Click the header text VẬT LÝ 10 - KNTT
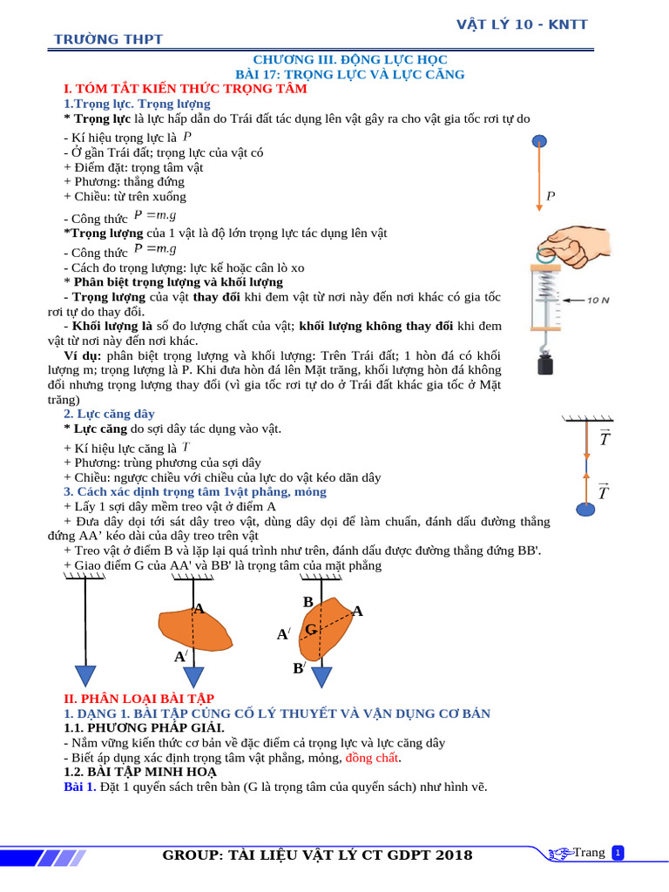[522, 24]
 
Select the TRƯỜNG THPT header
[108, 39]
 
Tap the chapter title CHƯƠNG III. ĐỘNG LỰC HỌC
[350, 59]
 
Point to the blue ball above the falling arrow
[540, 141]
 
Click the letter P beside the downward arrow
[551, 197]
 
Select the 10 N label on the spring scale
[598, 300]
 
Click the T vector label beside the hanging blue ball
[604, 494]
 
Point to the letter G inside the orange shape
[310, 630]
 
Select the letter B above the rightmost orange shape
[307, 602]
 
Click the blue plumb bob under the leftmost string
[85, 676]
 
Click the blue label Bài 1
[80, 787]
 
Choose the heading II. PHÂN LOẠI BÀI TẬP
[139, 699]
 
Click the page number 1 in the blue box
[618, 853]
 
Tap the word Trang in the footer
[589, 853]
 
